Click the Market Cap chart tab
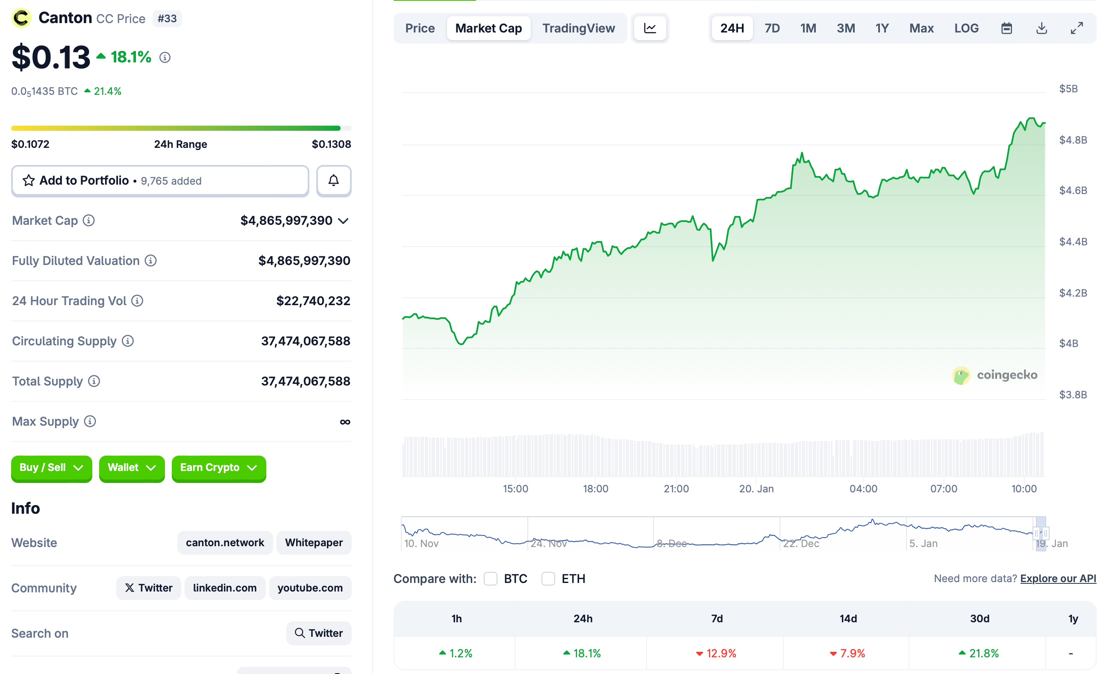coord(488,28)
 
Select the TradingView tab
coord(578,28)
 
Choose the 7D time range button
coord(772,28)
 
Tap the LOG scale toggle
coord(966,28)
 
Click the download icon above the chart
coord(1041,28)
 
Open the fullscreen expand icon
coord(1077,28)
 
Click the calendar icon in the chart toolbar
coord(1006,28)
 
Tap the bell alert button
coord(333,180)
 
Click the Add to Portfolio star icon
coord(29,180)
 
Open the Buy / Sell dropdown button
coord(51,468)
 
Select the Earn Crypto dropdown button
coord(218,468)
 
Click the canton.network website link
coord(225,542)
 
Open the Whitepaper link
coord(314,542)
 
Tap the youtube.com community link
coord(310,588)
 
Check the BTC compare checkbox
coord(491,579)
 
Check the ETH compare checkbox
coord(548,579)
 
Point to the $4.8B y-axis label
coord(1073,140)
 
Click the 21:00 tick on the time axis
coord(676,489)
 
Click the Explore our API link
coord(1058,579)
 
